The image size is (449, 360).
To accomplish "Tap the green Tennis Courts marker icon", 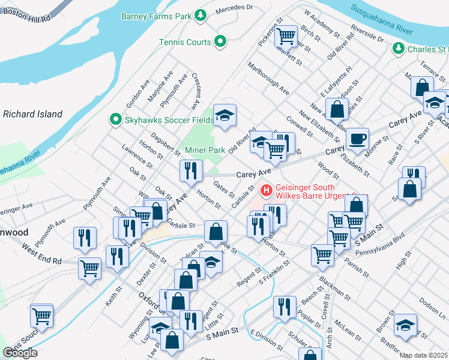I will pyautogui.click(x=221, y=42).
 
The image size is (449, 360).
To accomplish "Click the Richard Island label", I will pyautogui.click(x=32, y=113).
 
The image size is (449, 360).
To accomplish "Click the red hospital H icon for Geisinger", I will pyautogui.click(x=265, y=190).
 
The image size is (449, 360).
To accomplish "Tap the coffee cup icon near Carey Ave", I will pyautogui.click(x=358, y=139).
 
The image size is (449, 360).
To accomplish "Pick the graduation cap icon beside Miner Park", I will pyautogui.click(x=225, y=115).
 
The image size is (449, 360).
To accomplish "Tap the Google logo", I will pyautogui.click(x=20, y=353).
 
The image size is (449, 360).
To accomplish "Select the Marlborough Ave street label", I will pyautogui.click(x=268, y=79).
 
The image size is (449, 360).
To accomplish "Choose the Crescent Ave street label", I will pyautogui.click(x=196, y=91).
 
